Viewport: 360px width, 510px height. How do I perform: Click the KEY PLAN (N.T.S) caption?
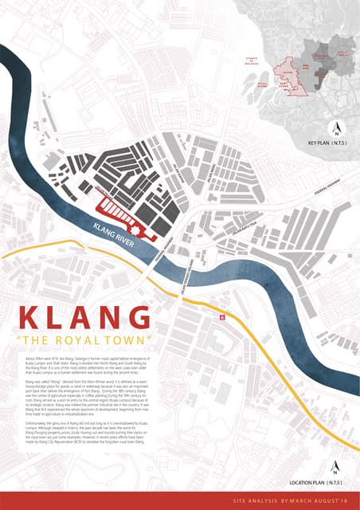333,141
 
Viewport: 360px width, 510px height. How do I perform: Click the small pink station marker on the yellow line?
223,316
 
